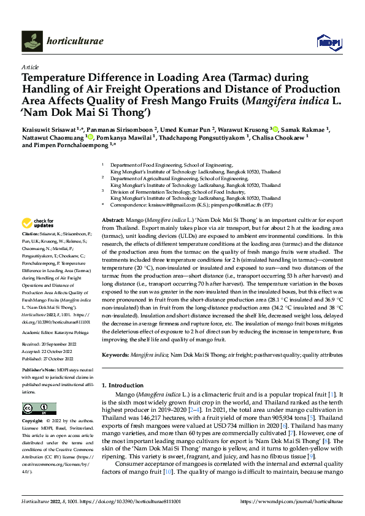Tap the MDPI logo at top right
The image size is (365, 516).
click(x=328, y=41)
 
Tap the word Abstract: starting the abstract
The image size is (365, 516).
click(x=113, y=219)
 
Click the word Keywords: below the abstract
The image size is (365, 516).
click(x=116, y=354)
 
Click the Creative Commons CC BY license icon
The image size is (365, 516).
click(x=36, y=409)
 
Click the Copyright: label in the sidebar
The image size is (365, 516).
click(x=33, y=422)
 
